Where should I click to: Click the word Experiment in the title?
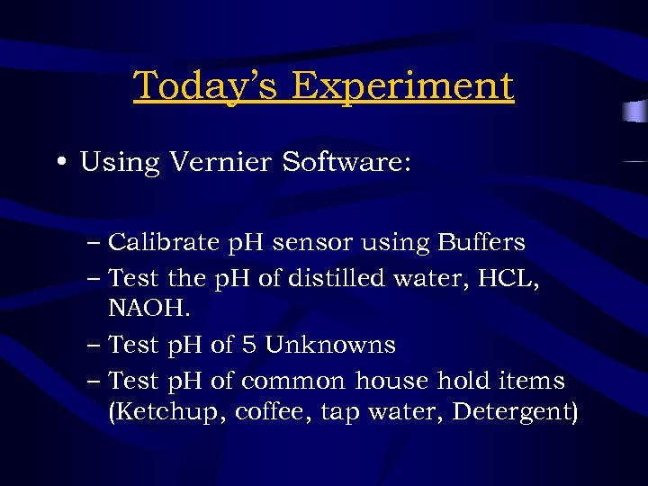tap(402, 86)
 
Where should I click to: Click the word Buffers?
tap(481, 243)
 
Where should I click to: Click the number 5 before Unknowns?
tap(252, 346)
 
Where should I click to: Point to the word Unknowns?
tap(330, 346)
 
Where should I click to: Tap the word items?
tap(534, 382)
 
